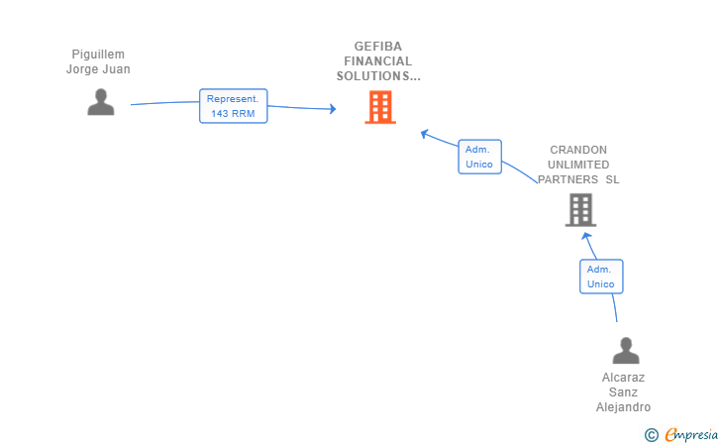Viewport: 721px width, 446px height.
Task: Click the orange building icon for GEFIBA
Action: (x=380, y=107)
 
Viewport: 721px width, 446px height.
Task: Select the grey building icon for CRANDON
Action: (x=580, y=210)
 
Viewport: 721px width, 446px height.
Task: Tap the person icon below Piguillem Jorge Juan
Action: (x=101, y=102)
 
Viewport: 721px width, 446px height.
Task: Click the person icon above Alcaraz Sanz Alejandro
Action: (x=626, y=350)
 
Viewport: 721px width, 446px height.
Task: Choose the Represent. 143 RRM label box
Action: (x=233, y=106)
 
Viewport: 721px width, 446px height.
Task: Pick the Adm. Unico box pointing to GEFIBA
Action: (x=479, y=157)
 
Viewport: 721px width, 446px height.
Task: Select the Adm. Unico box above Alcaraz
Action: (x=601, y=277)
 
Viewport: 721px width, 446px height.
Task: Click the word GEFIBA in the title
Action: (x=378, y=47)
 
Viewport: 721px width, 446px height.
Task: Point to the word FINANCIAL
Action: (x=378, y=61)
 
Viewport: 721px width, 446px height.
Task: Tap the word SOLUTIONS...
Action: (x=373, y=76)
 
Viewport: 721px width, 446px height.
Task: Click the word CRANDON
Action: (x=578, y=150)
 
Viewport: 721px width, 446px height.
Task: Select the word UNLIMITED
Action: (x=578, y=165)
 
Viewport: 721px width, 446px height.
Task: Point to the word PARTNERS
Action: (x=567, y=179)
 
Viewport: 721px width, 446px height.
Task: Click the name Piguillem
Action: (x=98, y=55)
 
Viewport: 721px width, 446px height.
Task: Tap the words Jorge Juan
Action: (x=98, y=69)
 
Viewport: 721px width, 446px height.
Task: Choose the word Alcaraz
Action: (x=623, y=378)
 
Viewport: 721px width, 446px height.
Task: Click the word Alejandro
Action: (x=623, y=407)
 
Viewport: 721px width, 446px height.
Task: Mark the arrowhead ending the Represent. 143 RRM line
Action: (x=333, y=109)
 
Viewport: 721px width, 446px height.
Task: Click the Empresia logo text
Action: (x=691, y=434)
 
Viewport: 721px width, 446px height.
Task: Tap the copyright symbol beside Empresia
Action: (x=651, y=435)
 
